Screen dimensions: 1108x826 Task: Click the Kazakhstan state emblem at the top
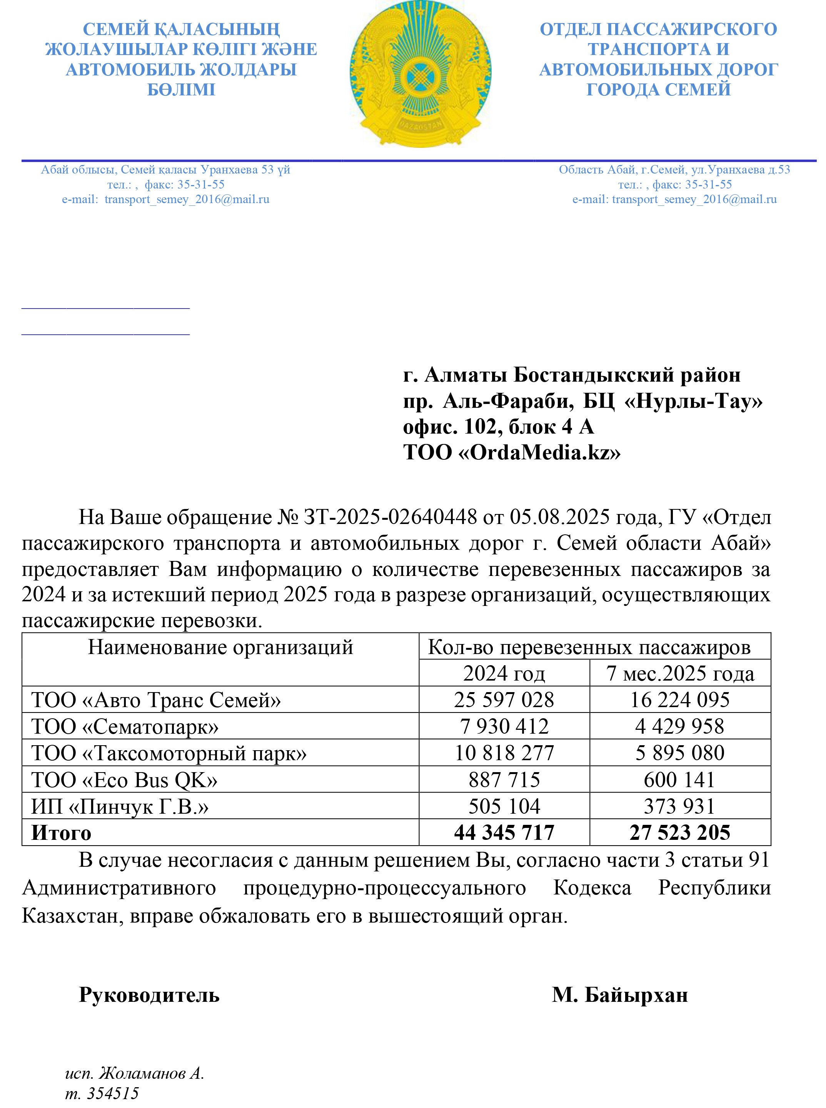coord(420,74)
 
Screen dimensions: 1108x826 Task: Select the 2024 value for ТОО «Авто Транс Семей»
coord(504,699)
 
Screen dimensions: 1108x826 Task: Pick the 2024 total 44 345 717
coord(504,833)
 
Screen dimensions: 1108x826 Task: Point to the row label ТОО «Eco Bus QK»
coord(125,779)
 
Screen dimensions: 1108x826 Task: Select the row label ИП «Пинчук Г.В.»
coord(120,806)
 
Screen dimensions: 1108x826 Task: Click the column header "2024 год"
coord(504,674)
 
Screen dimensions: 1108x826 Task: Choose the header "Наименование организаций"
coord(220,647)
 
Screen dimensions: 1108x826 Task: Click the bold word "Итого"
coord(62,833)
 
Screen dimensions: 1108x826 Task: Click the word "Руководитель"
coord(149,995)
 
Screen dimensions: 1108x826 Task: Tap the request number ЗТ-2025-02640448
coord(390,517)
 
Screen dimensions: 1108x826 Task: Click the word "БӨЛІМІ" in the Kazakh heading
coord(181,90)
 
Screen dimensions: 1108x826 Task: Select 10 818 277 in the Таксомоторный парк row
coord(504,753)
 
